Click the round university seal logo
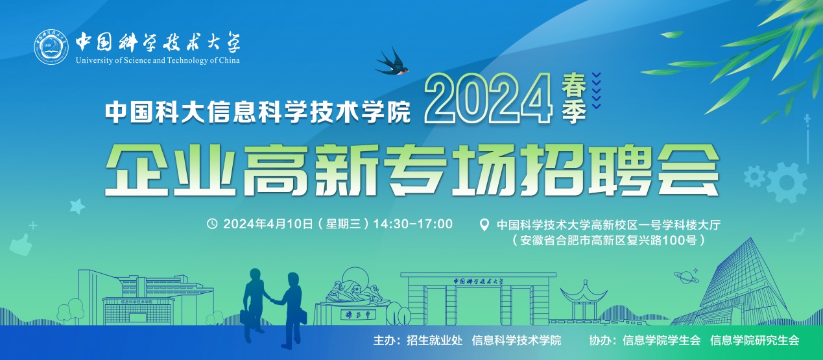point(51,47)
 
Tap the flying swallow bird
point(392,62)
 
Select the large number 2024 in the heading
point(488,98)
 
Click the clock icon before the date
point(212,223)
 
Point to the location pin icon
point(484,225)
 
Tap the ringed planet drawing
point(686,276)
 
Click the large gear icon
point(786,182)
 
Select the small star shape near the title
point(77,206)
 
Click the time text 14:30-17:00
point(413,224)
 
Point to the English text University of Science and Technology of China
point(158,60)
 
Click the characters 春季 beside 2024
point(574,98)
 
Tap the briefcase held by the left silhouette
point(244,318)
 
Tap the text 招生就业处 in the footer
point(435,341)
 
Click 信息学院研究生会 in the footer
point(755,341)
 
